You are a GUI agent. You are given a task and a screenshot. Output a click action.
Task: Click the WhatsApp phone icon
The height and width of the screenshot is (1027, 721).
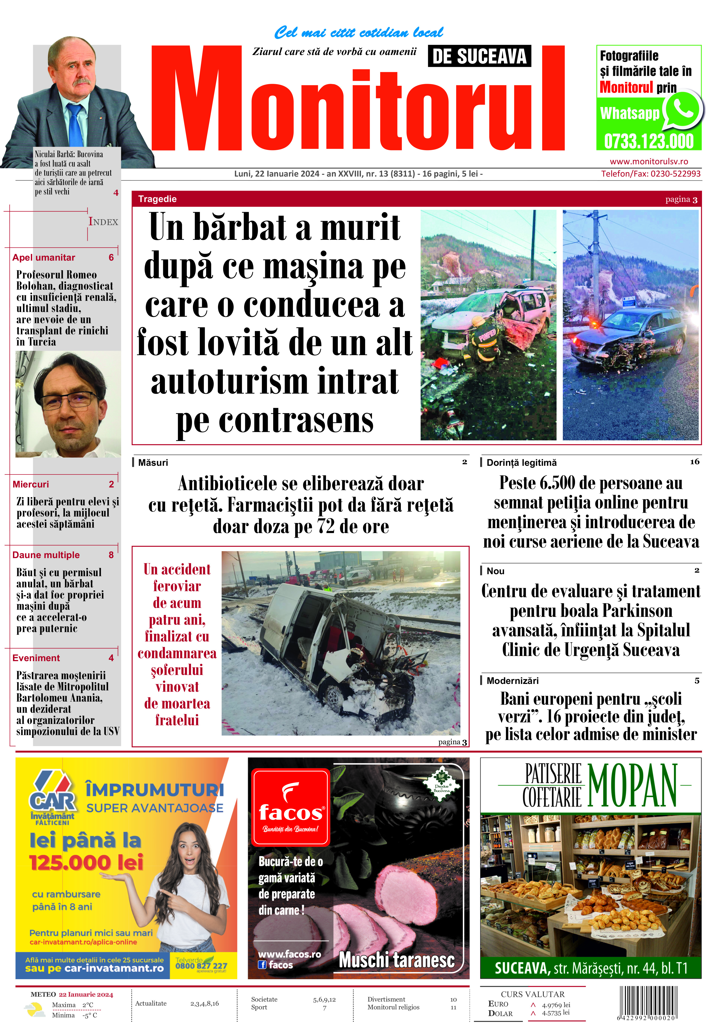point(683,109)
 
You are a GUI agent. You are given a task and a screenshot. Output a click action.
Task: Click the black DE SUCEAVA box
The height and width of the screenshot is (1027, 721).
point(479,56)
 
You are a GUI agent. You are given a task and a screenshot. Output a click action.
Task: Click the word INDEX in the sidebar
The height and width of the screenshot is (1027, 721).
point(103,222)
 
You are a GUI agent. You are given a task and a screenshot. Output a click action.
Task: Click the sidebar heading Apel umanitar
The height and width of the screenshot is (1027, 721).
point(44,258)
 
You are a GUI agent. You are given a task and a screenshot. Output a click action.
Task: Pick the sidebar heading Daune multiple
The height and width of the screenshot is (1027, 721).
point(46,555)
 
